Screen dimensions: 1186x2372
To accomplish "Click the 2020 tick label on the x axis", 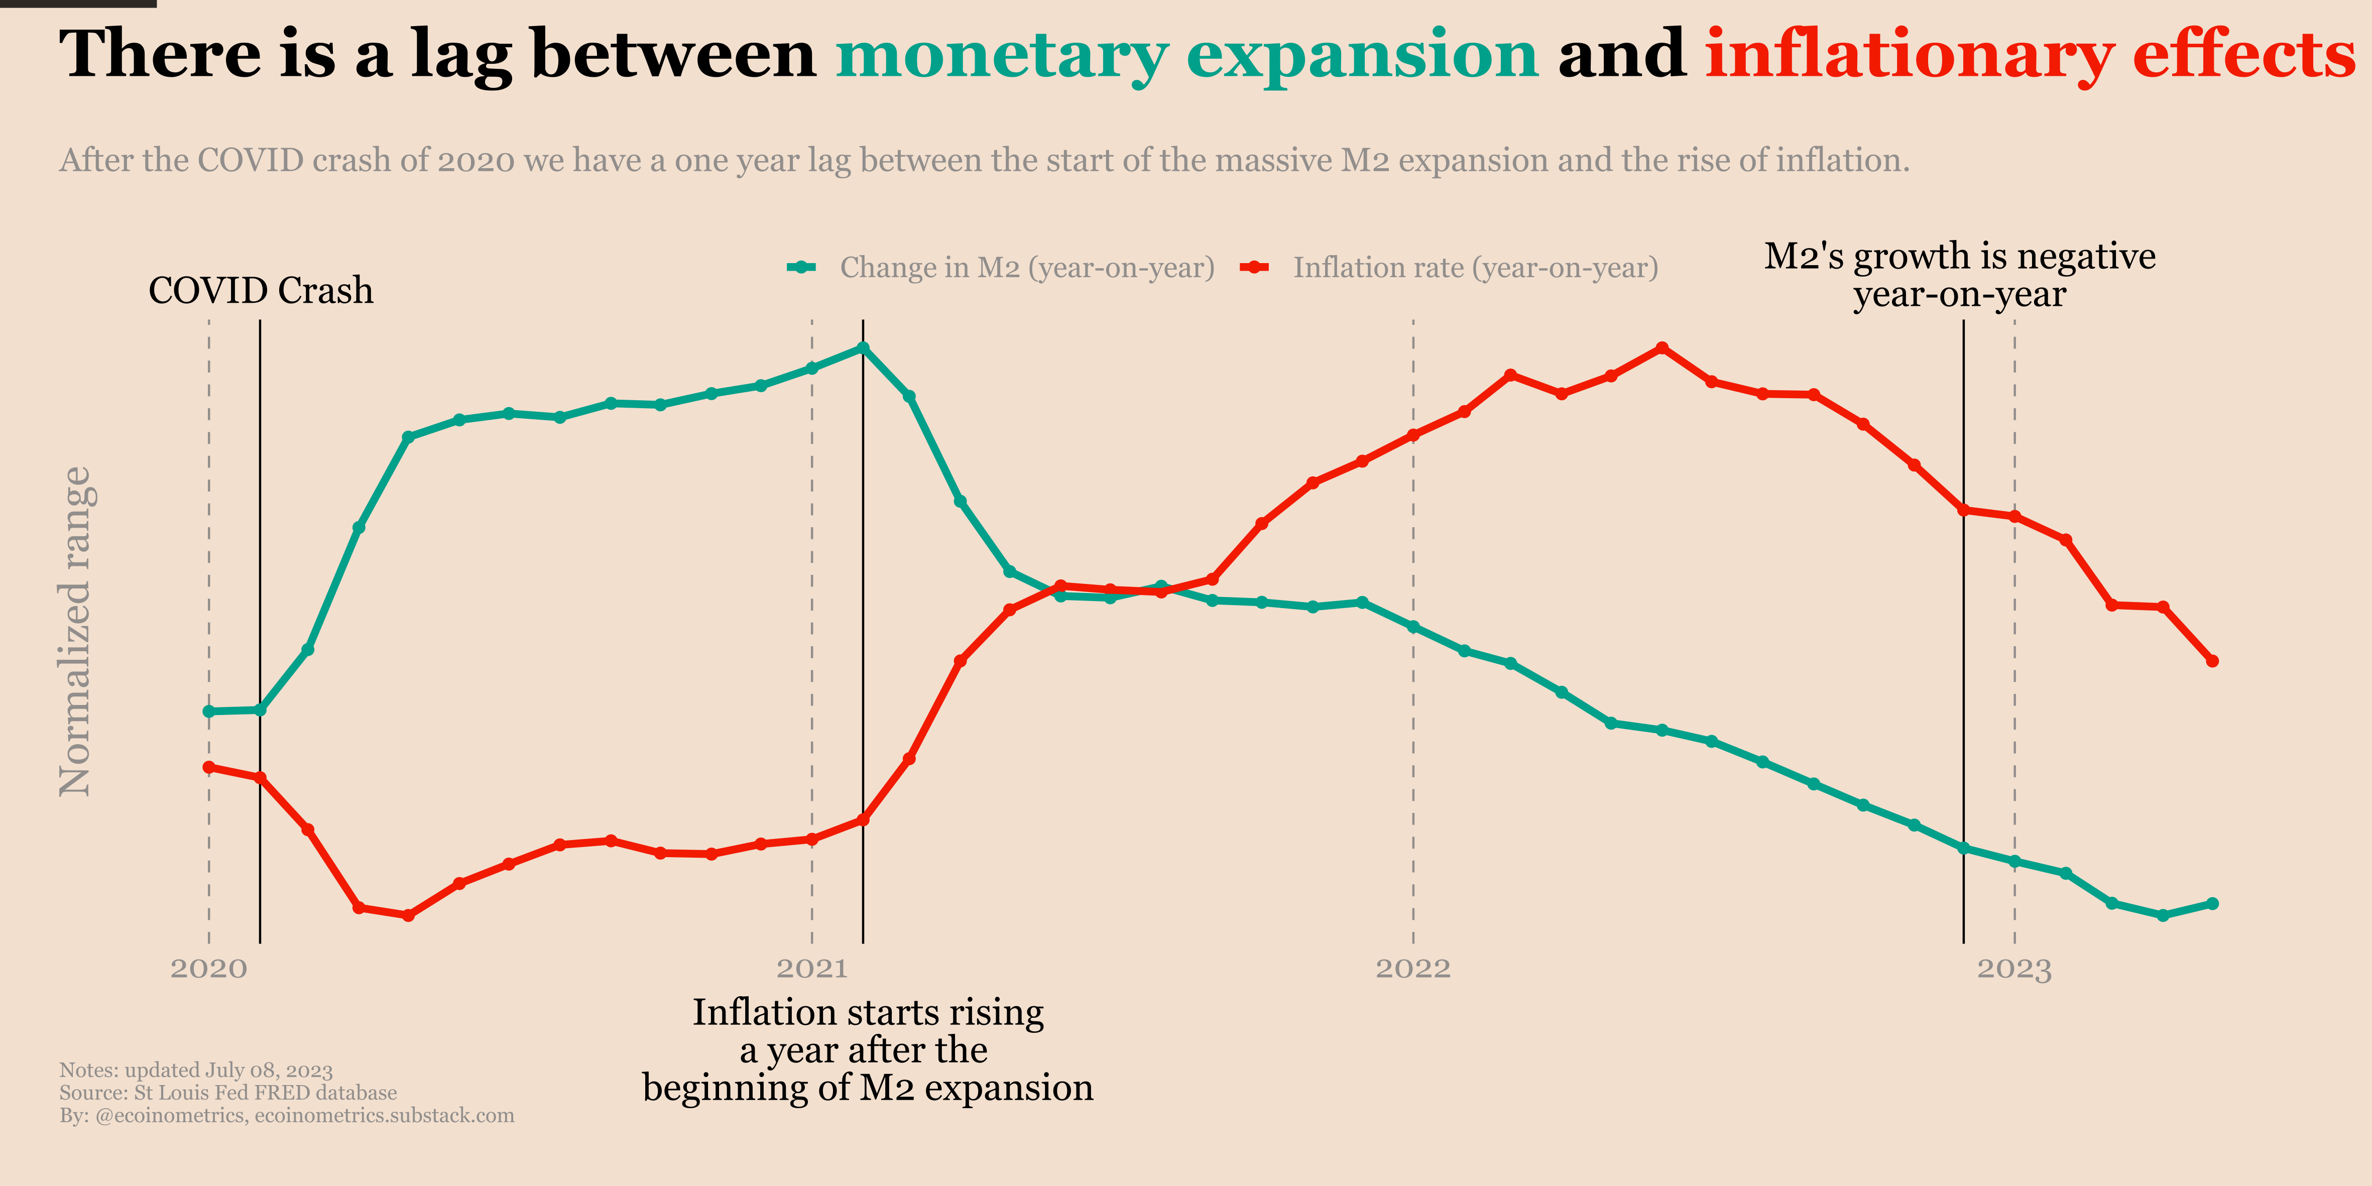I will pos(209,969).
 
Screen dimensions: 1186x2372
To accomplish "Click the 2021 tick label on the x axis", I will pos(811,969).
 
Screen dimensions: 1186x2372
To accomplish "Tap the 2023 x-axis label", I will pos(2014,969).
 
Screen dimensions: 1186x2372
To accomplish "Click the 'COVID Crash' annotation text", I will pos(261,291).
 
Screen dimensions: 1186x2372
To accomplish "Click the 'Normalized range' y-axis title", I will pos(75,631).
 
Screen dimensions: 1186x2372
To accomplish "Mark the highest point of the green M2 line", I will pos(863,348).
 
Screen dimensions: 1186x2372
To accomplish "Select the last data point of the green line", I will pos(2213,903).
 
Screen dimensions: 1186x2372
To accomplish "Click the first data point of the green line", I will pos(209,711).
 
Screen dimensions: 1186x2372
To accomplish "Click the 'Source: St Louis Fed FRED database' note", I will pos(228,1093).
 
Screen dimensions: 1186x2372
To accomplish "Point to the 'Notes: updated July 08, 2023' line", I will pos(196,1070).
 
